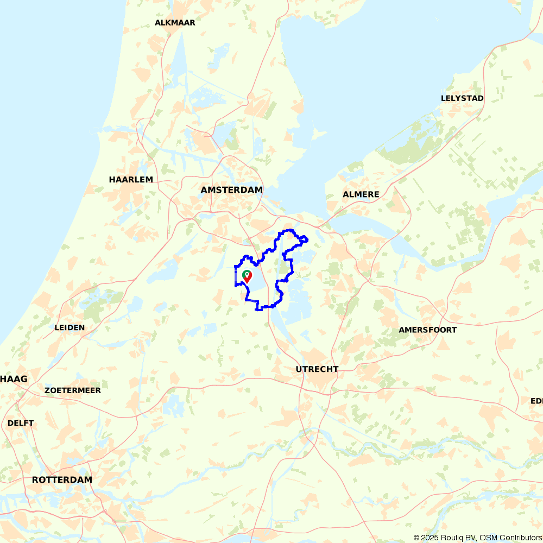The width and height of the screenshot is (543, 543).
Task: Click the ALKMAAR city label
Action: [x=175, y=23]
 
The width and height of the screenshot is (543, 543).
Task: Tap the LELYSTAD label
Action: [x=462, y=98]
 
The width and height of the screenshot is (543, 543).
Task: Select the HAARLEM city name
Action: [x=131, y=180]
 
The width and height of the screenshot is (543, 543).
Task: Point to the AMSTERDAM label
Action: [x=231, y=190]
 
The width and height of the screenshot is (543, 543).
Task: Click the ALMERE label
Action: [x=361, y=194]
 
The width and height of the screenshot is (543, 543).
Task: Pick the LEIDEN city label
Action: [x=70, y=327]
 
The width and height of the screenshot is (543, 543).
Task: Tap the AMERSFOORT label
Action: [x=428, y=330]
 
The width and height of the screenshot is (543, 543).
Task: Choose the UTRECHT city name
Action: [x=317, y=369]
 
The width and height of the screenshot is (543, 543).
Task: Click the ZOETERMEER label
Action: [x=73, y=390]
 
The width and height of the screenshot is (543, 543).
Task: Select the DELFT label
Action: [x=21, y=423]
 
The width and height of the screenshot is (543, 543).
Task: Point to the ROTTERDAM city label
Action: [x=62, y=480]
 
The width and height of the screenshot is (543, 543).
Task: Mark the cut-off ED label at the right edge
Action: [x=536, y=401]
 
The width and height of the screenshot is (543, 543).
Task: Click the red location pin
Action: [x=248, y=277]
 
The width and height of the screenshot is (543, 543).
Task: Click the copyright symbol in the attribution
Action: [x=416, y=538]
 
